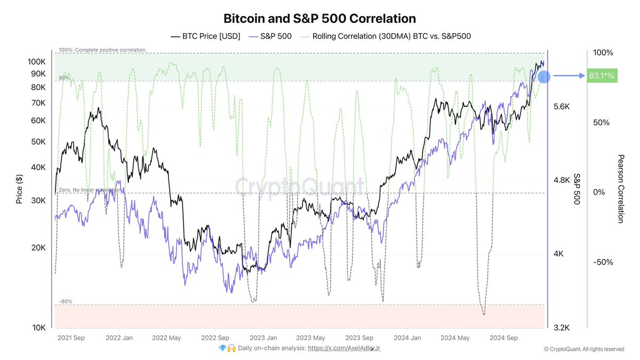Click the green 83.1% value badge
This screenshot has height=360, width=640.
pyautogui.click(x=601, y=76)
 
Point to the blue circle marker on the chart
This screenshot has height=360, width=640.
pyautogui.click(x=544, y=77)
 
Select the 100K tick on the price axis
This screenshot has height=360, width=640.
pyautogui.click(x=37, y=62)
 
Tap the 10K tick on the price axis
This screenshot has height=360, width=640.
pyautogui.click(x=39, y=327)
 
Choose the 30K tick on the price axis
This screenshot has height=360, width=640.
pyautogui.click(x=39, y=201)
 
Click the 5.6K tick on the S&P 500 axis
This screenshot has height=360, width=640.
pyautogui.click(x=562, y=107)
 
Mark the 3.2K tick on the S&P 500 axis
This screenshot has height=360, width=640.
pyautogui.click(x=562, y=327)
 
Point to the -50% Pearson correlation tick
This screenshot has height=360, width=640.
pyautogui.click(x=603, y=262)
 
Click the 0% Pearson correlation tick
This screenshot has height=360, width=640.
pyautogui.click(x=599, y=192)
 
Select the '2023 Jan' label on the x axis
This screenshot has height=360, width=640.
pyautogui.click(x=263, y=338)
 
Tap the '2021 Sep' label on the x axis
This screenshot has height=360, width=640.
pyautogui.click(x=72, y=338)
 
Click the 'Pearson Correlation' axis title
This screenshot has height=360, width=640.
pyautogui.click(x=620, y=189)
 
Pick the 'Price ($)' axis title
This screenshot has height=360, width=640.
pyautogui.click(x=19, y=189)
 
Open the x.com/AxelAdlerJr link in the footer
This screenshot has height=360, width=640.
pyautogui.click(x=345, y=348)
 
